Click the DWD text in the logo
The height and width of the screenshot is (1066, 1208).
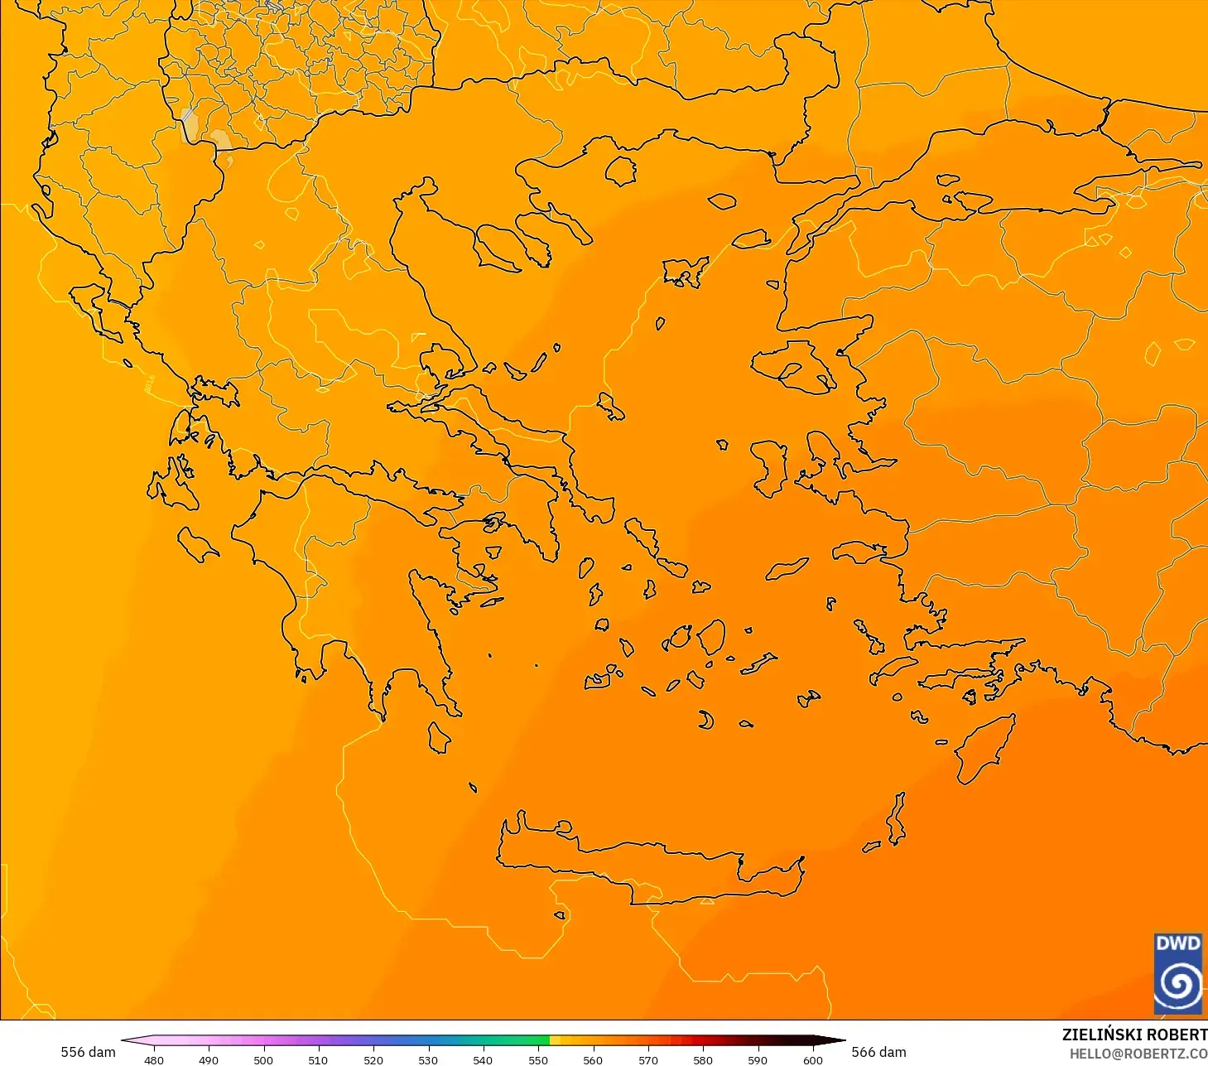1177,943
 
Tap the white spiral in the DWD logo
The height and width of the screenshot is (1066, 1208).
1177,984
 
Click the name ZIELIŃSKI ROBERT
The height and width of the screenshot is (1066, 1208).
1134,1035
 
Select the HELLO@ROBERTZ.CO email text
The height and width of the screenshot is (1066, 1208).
1138,1054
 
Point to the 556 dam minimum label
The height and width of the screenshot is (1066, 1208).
88,1052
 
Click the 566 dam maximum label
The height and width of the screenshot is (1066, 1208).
878,1052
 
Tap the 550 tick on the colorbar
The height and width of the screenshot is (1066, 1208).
538,1059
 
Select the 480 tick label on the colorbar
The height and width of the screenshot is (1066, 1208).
154,1059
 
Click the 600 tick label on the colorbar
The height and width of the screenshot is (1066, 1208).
813,1059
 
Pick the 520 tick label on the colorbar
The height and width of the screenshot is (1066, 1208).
373,1059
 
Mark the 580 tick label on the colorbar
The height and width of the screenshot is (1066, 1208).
703,1059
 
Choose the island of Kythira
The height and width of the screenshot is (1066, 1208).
439,737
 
